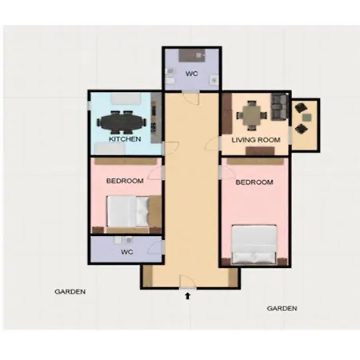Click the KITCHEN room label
coord(125,139)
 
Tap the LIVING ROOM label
coord(256,140)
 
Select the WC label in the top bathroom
coord(192,74)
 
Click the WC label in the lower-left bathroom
coord(126,252)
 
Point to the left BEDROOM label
coord(125,181)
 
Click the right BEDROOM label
coord(254,182)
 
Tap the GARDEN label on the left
coord(70,292)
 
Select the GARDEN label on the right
coord(282,309)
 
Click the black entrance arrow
coord(188,296)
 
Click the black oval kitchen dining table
coord(122,122)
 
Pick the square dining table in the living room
coord(252,115)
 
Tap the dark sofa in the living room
coord(279,106)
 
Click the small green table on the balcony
coord(307,118)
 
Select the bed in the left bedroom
coord(128,211)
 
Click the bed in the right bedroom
coord(254,245)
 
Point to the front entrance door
coord(188,282)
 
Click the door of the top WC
coord(191,98)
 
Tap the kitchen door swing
coord(170,149)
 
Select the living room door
coord(214,144)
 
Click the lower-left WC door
coord(156,247)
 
